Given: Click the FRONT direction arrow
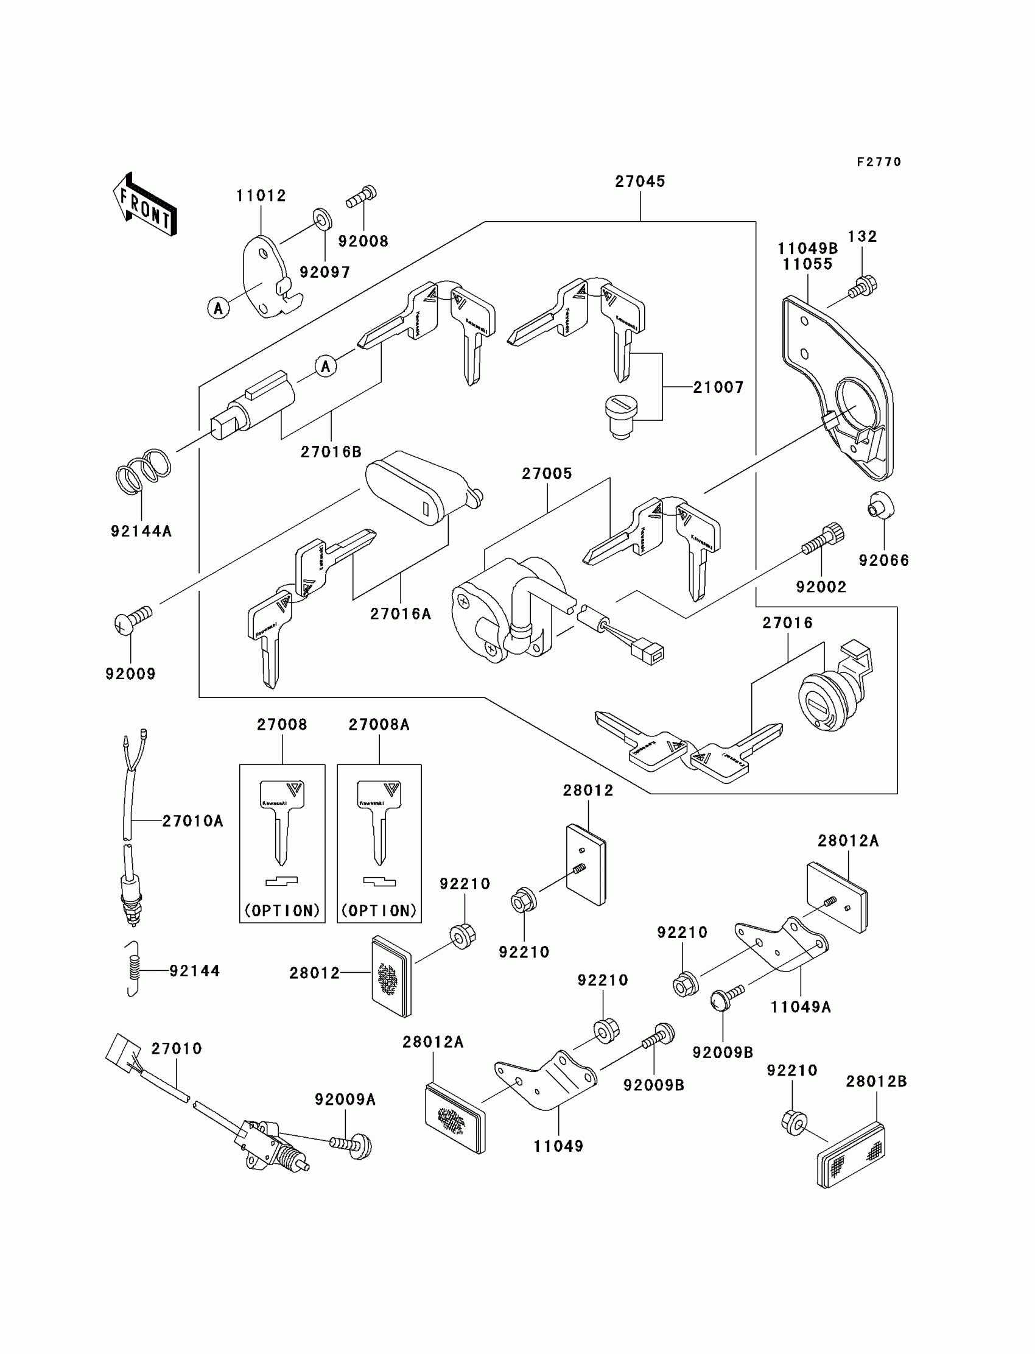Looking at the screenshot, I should point(146,205).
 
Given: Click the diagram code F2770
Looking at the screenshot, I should point(879,162).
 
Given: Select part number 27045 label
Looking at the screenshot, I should point(640,182).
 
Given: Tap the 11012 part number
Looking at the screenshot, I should point(261,196).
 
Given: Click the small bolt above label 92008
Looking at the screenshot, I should point(362,197).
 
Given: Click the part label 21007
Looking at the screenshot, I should point(718,387).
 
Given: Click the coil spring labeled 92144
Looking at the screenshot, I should point(133,970).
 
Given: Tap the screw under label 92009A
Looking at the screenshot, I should point(351,1145).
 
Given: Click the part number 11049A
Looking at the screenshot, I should point(800,1007).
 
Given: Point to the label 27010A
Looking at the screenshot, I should point(192,821).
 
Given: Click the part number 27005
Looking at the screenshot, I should point(547,474).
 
